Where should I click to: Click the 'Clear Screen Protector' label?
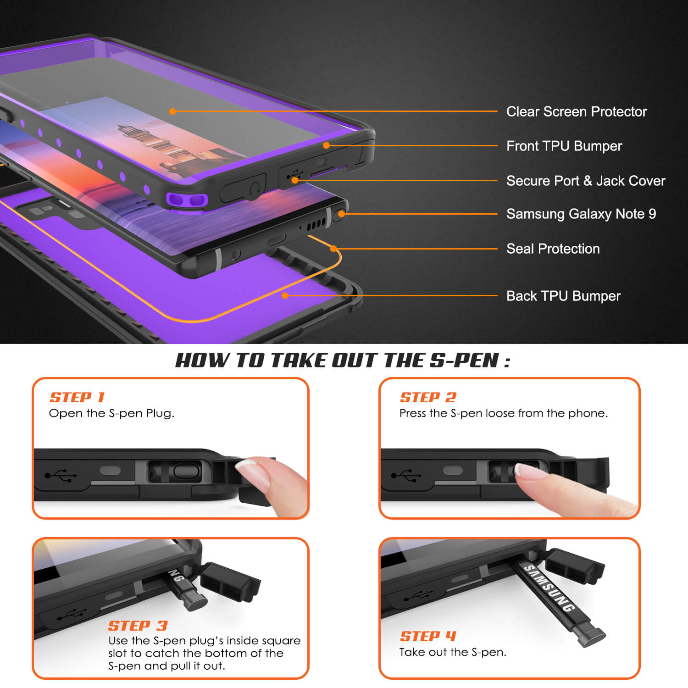pyautogui.click(x=576, y=111)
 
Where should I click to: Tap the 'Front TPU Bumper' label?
pyautogui.click(x=564, y=146)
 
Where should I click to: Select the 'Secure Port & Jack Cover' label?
pyautogui.click(x=585, y=181)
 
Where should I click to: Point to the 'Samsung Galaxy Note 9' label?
pyautogui.click(x=581, y=214)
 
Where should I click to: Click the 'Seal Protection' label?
pyautogui.click(x=553, y=249)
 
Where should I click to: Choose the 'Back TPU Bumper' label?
pyautogui.click(x=563, y=296)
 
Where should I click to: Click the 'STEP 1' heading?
pyautogui.click(x=77, y=397)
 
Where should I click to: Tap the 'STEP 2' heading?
pyautogui.click(x=428, y=397)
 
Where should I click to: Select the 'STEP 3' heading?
pyautogui.click(x=138, y=626)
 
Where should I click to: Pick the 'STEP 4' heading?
pyautogui.click(x=428, y=636)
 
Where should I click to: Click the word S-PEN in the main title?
pyautogui.click(x=464, y=361)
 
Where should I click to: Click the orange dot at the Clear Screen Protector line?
pyautogui.click(x=172, y=111)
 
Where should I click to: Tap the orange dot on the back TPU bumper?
pyautogui.click(x=285, y=296)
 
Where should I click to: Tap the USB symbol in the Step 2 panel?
pyautogui.click(x=406, y=475)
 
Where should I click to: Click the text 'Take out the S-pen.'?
pyautogui.click(x=453, y=652)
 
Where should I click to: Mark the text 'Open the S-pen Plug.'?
pyautogui.click(x=111, y=413)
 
